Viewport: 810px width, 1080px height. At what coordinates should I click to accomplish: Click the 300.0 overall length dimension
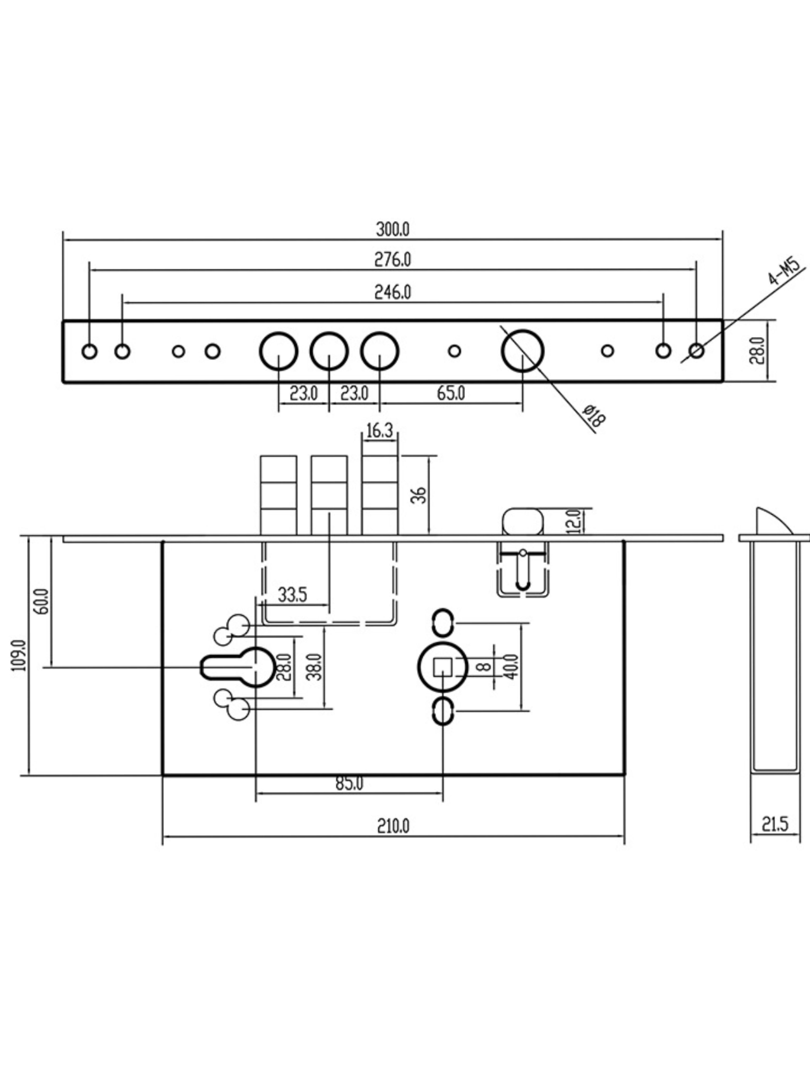(x=393, y=229)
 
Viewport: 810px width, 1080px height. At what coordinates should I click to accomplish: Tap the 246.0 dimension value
(x=393, y=292)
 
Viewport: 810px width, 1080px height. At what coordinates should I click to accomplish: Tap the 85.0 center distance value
(x=350, y=784)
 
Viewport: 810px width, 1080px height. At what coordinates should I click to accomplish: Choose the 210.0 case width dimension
(x=393, y=826)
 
